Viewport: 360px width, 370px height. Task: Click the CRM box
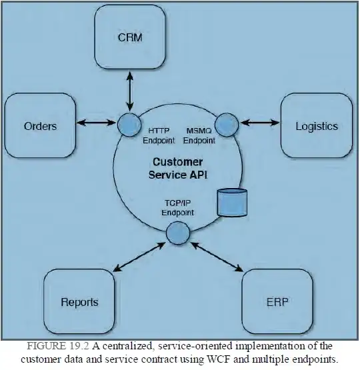[x=130, y=37]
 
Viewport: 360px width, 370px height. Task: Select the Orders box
[x=39, y=126]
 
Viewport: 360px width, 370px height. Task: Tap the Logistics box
[x=316, y=126]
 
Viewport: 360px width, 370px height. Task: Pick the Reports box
[x=79, y=302]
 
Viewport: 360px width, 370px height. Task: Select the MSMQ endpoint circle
[x=227, y=123]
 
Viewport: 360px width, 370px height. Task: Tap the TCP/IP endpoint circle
[x=177, y=233]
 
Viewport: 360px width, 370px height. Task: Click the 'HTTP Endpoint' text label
[x=161, y=135]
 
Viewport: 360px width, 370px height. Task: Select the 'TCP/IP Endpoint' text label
[x=177, y=208]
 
